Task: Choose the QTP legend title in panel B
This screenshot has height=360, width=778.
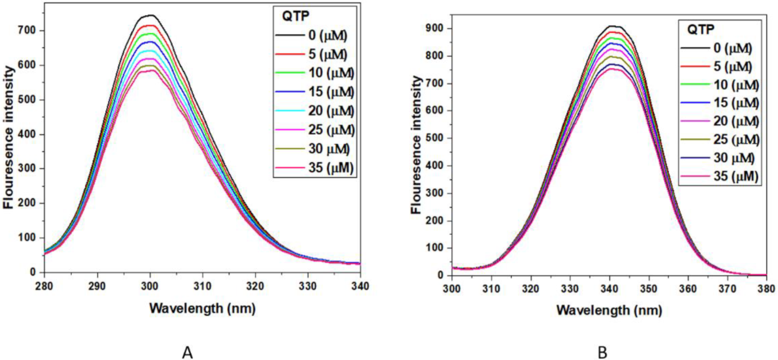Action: tap(700, 30)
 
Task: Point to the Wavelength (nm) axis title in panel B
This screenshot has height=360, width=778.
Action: tap(609, 310)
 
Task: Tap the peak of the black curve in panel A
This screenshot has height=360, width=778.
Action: tap(150, 15)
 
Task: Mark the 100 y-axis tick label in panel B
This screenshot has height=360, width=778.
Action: tap(433, 248)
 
